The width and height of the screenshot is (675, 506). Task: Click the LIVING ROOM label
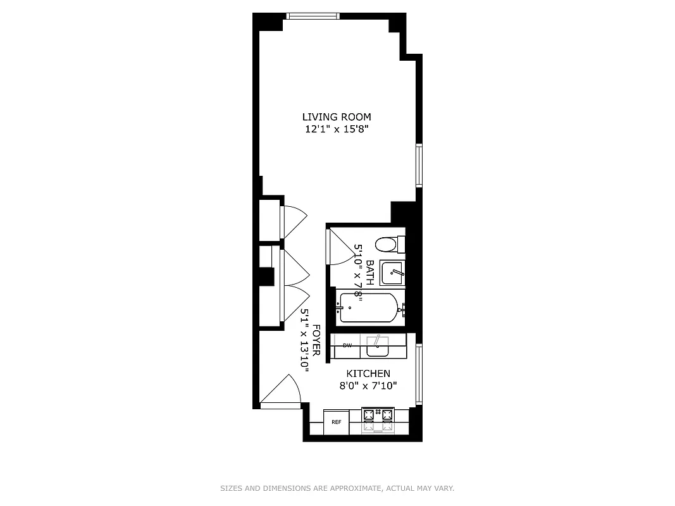coord(337,117)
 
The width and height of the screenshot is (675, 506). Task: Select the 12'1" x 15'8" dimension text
coord(337,130)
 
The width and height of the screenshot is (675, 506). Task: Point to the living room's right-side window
coord(419,165)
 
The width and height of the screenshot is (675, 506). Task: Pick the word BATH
coord(369,273)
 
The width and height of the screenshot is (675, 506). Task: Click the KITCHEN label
coord(368,374)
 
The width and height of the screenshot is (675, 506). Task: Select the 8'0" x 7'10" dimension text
coord(368,386)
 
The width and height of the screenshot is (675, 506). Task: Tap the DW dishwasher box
coord(347,345)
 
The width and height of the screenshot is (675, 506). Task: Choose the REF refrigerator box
coord(337,422)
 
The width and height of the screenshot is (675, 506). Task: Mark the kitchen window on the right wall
coord(419,374)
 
